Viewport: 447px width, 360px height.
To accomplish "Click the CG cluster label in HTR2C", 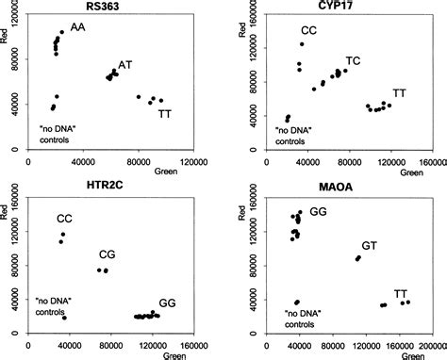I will click(109, 255).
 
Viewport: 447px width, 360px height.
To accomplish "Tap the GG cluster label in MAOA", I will click(318, 215).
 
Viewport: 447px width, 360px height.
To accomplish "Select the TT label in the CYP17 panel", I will click(400, 92).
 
